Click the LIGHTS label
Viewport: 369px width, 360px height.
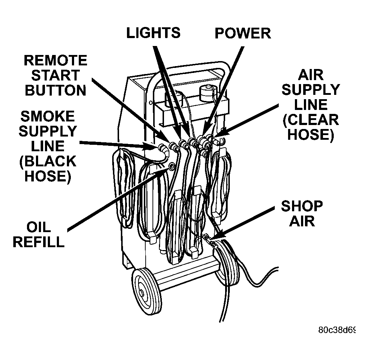click(x=153, y=33)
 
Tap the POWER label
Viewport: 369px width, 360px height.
click(x=242, y=33)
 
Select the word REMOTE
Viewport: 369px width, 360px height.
click(x=55, y=60)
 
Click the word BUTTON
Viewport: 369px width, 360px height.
click(x=55, y=90)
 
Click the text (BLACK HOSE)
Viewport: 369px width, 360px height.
click(x=48, y=169)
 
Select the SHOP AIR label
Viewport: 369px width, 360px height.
click(x=301, y=213)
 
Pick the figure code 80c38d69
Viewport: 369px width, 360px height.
click(x=337, y=330)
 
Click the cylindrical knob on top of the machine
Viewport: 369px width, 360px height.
click(x=206, y=93)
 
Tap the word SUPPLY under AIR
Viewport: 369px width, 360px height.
click(x=310, y=90)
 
